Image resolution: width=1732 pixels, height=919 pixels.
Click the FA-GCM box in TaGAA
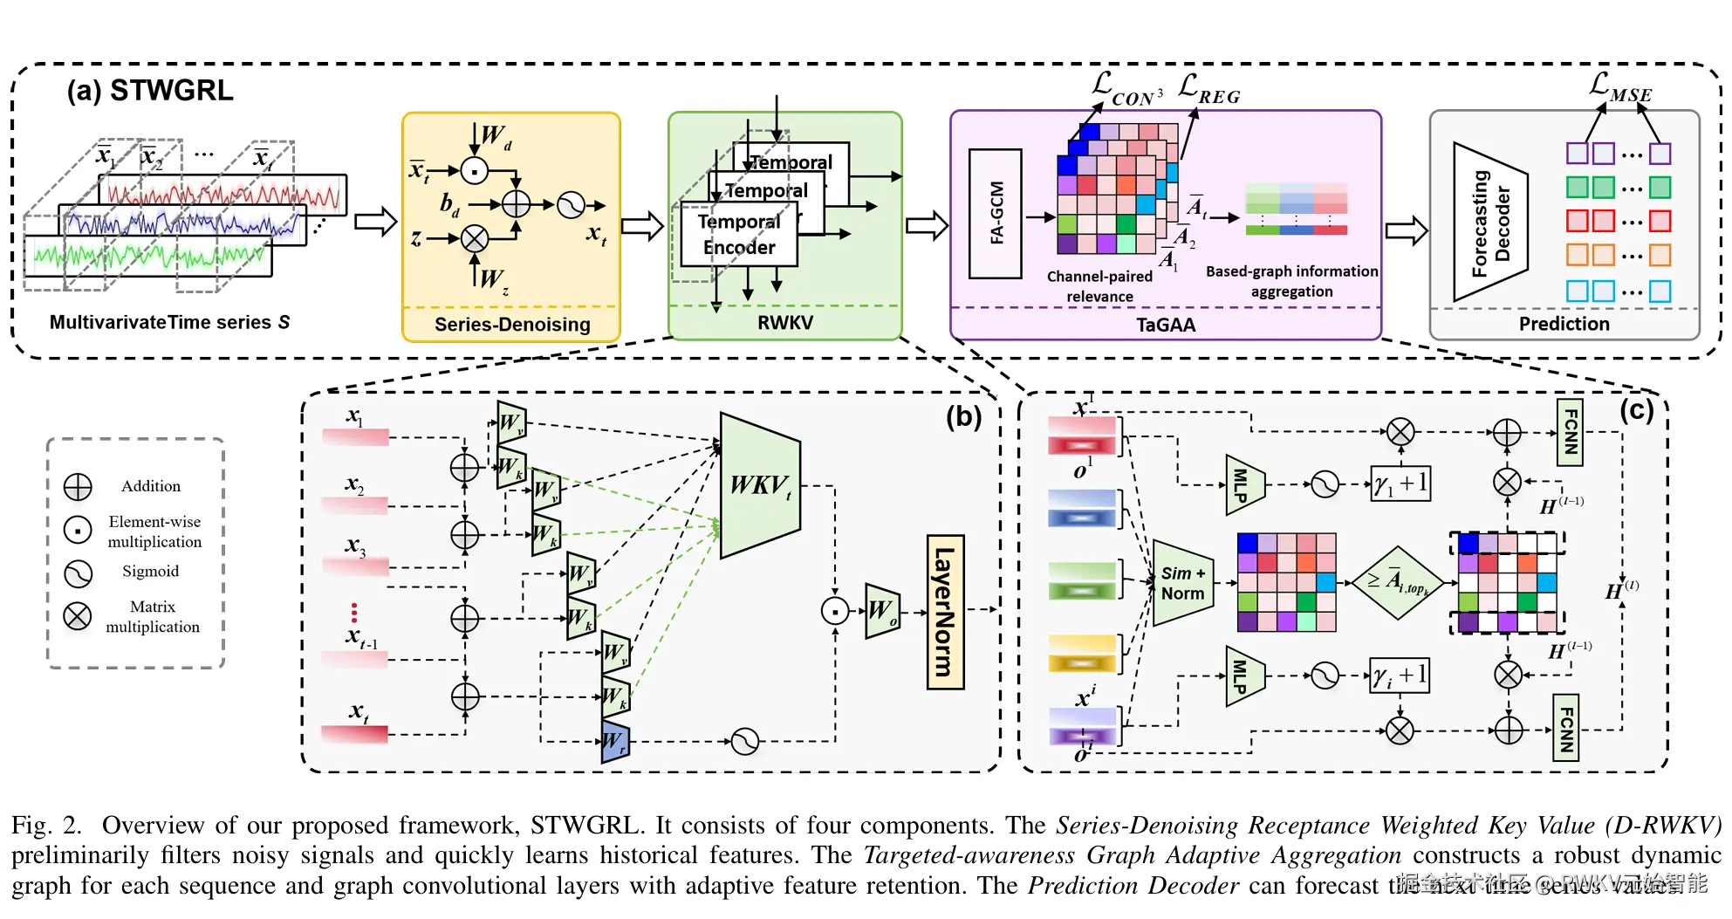pyautogui.click(x=995, y=214)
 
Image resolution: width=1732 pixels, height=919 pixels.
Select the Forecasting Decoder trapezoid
pyautogui.click(x=1489, y=223)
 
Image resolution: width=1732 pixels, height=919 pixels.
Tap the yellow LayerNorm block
pyautogui.click(x=945, y=613)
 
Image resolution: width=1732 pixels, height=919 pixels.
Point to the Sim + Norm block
pyautogui.click(x=1182, y=583)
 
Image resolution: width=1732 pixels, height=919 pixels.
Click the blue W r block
pyautogui.click(x=615, y=742)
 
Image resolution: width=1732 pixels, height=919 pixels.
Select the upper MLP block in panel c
pyautogui.click(x=1244, y=484)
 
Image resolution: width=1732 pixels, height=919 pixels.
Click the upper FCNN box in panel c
pyautogui.click(x=1570, y=432)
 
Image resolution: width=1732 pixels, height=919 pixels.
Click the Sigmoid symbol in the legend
pyautogui.click(x=78, y=573)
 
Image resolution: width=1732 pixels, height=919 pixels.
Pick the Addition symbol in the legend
pyautogui.click(x=78, y=487)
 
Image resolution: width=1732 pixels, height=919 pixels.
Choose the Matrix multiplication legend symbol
pyautogui.click(x=78, y=616)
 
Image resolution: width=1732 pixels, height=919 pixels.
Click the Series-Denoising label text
pyautogui.click(x=512, y=325)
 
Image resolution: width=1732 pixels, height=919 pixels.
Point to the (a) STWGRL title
pyautogui.click(x=150, y=91)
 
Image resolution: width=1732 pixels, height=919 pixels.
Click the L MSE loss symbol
pyautogui.click(x=1619, y=87)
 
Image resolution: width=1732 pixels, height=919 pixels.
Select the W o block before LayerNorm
pyautogui.click(x=882, y=611)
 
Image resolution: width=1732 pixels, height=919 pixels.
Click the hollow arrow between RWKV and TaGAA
pyautogui.click(x=927, y=226)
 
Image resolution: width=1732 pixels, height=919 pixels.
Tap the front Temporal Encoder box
pyautogui.click(x=738, y=235)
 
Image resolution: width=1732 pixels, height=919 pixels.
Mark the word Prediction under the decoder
pyautogui.click(x=1564, y=324)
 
